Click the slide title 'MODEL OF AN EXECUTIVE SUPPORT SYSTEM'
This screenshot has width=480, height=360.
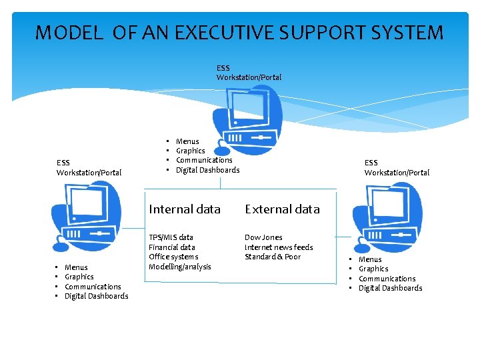pyautogui.click(x=239, y=33)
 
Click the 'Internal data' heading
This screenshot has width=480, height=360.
pyautogui.click(x=185, y=209)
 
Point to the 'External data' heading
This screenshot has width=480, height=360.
pyautogui.click(x=282, y=209)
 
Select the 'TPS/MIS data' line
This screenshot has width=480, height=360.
pyautogui.click(x=171, y=237)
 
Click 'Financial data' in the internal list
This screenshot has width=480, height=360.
pyautogui.click(x=172, y=247)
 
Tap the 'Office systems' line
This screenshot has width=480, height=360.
pyautogui.click(x=173, y=257)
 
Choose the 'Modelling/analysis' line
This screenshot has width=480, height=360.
pyautogui.click(x=180, y=267)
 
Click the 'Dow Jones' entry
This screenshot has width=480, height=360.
pyautogui.click(x=263, y=237)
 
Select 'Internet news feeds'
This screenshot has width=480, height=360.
pyautogui.click(x=279, y=247)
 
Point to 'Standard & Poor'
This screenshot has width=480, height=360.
pyautogui.click(x=273, y=257)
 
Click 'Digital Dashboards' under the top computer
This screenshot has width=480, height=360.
pyautogui.click(x=207, y=170)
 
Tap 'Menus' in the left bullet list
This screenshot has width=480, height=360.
pyautogui.click(x=76, y=267)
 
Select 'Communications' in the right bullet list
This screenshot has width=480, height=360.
pyautogui.click(x=387, y=279)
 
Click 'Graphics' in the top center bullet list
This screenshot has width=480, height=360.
pyautogui.click(x=191, y=151)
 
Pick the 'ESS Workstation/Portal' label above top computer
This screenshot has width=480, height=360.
pyautogui.click(x=249, y=73)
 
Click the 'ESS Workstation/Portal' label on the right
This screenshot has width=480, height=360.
pyautogui.click(x=397, y=167)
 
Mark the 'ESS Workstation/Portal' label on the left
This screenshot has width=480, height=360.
pyautogui.click(x=89, y=167)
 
